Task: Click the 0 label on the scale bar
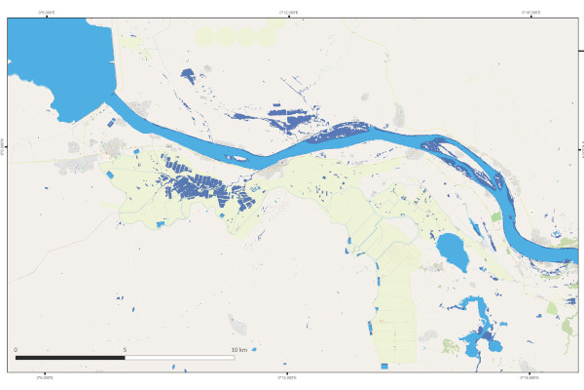[16, 349]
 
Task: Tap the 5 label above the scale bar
[125, 349]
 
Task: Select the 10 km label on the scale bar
[239, 349]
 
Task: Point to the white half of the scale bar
[180, 358]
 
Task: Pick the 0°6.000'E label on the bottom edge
[46, 377]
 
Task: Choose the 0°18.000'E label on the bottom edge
[531, 377]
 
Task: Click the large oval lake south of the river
[451, 250]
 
